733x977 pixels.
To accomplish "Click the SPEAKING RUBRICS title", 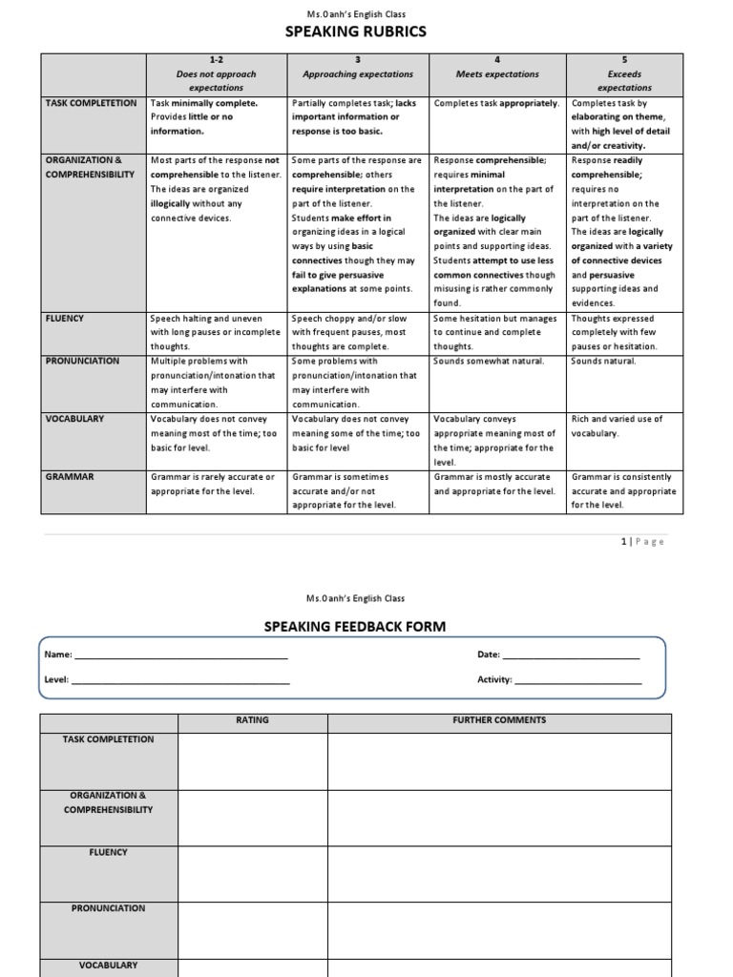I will (355, 31).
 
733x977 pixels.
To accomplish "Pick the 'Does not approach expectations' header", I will (217, 80).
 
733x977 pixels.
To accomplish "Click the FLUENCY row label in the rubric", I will (67, 319).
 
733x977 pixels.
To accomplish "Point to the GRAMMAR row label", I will (70, 477).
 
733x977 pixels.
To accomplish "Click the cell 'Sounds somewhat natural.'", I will (489, 362).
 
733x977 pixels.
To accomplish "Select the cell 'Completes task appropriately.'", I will (496, 103).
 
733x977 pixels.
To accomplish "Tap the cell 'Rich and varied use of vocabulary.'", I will (617, 426).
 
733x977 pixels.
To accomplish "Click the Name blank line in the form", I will (180, 657).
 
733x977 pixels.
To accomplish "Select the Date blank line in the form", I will (570, 657).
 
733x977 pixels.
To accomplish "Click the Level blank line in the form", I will (180, 681).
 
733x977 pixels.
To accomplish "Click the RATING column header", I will (253, 720).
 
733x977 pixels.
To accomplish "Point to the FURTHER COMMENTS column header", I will (498, 720).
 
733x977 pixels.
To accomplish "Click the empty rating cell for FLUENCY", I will (253, 873).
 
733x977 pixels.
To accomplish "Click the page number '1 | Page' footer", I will (641, 542).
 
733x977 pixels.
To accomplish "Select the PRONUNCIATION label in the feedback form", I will (109, 908).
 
